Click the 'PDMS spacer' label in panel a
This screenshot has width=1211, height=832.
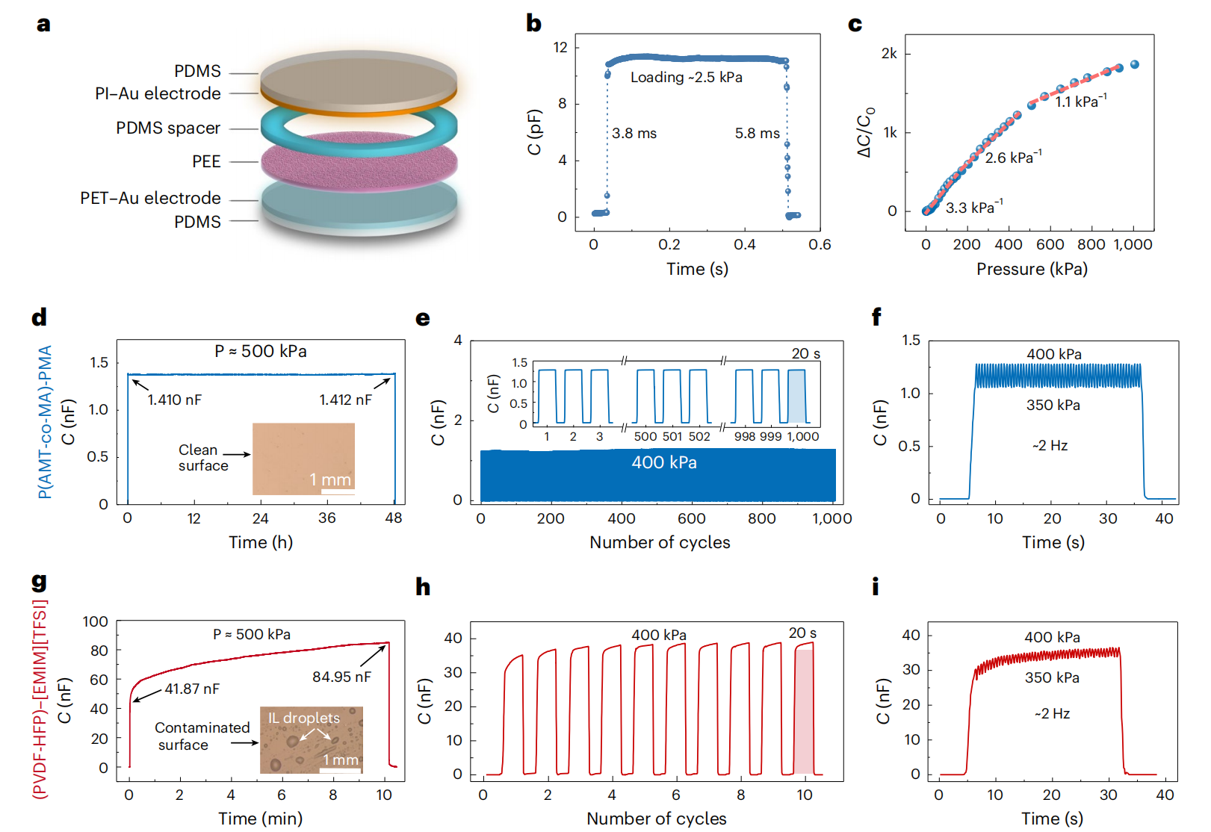168,128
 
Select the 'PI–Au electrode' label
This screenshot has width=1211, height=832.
158,93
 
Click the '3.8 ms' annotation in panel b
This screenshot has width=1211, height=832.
634,134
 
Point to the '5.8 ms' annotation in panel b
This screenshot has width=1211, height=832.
757,134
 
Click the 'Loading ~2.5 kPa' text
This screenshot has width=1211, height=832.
686,77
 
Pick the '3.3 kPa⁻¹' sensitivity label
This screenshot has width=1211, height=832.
974,208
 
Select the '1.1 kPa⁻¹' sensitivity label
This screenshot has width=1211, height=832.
1080,101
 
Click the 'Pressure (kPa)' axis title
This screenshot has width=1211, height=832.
1031,269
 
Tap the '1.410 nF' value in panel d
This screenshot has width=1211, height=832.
174,400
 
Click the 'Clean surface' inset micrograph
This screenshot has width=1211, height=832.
303,459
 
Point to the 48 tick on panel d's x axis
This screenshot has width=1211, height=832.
394,518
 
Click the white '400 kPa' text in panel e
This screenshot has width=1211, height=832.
663,463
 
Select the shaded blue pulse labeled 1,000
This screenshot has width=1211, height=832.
797,397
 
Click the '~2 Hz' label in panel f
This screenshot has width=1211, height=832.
1050,446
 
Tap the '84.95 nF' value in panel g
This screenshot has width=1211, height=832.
341,677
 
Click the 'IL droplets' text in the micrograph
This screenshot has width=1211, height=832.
303,718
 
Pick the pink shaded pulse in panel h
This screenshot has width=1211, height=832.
804,711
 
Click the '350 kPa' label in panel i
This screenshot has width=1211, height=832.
1052,677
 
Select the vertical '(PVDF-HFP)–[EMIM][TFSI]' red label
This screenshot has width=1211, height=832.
40,699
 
